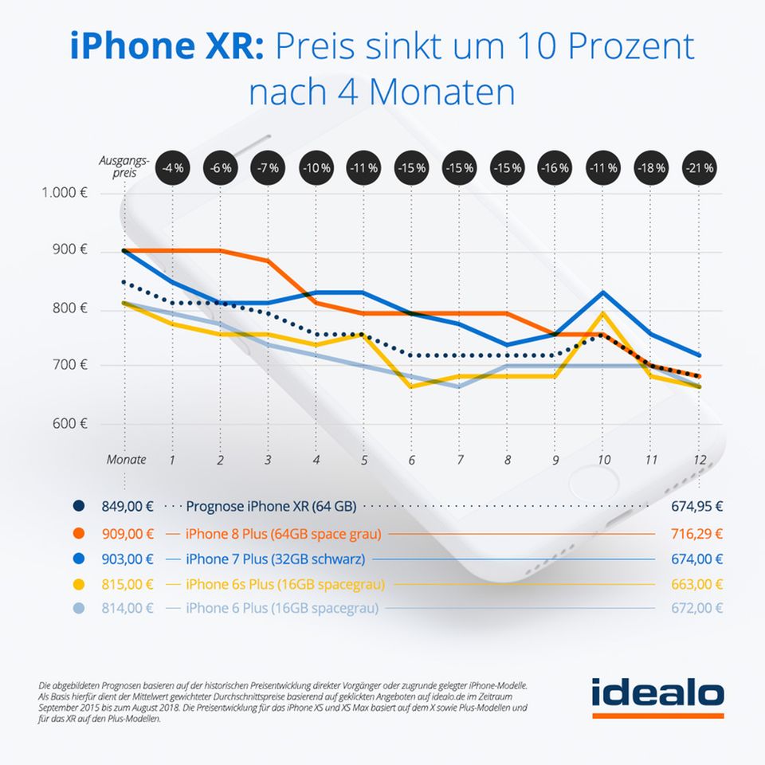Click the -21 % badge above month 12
point(698,168)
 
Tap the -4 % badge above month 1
point(173,168)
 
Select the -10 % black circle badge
point(316,168)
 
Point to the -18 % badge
point(650,168)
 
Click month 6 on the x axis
point(412,460)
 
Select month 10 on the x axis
point(603,460)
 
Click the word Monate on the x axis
point(127,460)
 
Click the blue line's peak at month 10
point(603,292)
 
